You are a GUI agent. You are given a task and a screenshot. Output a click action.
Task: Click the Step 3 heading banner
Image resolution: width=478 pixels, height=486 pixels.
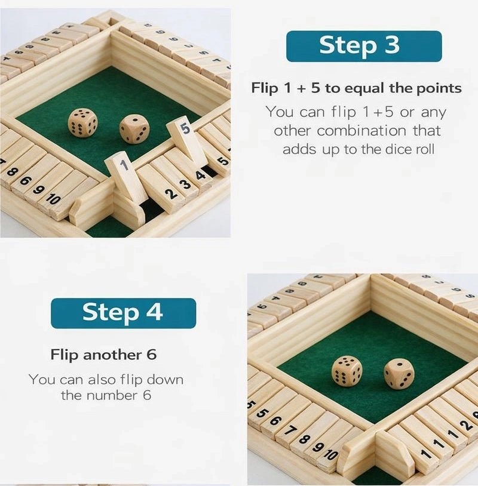pyautogui.click(x=364, y=47)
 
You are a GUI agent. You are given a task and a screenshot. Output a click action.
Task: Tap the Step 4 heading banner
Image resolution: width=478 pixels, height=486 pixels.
pyautogui.click(x=123, y=313)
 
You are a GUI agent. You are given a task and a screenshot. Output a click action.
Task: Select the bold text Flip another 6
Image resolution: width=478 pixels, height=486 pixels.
pyautogui.click(x=103, y=354)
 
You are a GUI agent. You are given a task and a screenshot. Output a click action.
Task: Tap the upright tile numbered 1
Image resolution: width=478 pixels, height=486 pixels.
pyautogui.click(x=125, y=176)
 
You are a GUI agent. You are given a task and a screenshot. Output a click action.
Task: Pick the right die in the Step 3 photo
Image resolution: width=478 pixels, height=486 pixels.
pyautogui.click(x=134, y=128)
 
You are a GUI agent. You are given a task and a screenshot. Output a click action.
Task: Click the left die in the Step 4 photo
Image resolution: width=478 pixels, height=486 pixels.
pyautogui.click(x=347, y=371)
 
